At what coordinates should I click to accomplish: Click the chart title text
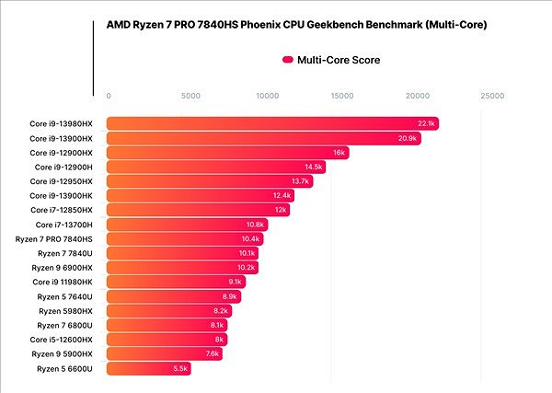coord(297,24)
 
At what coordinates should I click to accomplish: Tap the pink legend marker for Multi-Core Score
coord(288,60)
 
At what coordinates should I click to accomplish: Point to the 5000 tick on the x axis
coord(190,95)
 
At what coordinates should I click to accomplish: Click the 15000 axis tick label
coord(343,95)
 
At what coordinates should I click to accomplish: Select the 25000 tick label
coord(492,95)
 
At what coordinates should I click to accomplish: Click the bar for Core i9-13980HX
coord(272,123)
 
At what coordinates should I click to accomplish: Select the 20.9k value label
coord(408,138)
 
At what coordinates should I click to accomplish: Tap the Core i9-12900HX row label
coord(62,153)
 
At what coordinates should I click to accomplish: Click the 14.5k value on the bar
coord(313,167)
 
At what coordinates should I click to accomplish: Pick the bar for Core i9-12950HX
coord(210,181)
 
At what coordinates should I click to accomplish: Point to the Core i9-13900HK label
coord(62,196)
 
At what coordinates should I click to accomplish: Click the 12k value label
coord(281,210)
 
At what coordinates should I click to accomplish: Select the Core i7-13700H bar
coord(188,225)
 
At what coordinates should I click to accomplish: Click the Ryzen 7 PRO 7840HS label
coord(54,238)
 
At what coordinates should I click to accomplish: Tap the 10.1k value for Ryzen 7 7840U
coord(247,253)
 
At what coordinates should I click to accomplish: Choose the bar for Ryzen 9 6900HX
coord(182,268)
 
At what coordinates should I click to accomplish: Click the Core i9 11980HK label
coord(63,282)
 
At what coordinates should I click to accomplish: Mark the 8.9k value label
coord(230,296)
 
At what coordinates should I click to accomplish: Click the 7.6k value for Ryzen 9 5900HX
coord(212,353)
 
